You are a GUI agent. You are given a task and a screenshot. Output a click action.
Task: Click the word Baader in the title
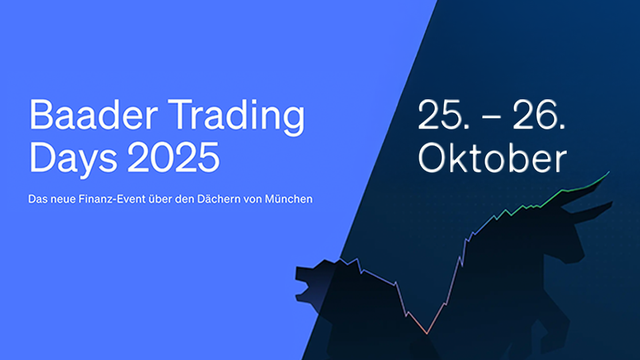[x=93, y=115]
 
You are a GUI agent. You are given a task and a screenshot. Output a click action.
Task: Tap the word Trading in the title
[x=236, y=117]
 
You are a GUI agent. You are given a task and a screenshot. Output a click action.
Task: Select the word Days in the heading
[x=73, y=159]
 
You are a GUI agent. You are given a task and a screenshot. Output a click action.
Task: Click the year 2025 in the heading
[x=173, y=157]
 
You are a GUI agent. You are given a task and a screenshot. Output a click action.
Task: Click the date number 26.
[x=539, y=115]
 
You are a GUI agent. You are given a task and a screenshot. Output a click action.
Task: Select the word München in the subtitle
[x=289, y=199]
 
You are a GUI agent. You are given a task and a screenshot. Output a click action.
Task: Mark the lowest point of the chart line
[x=427, y=333]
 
